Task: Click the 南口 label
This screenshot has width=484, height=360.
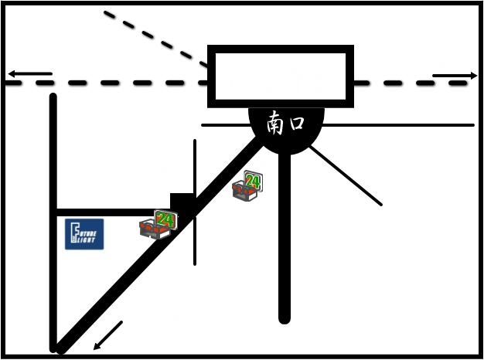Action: pos(285,124)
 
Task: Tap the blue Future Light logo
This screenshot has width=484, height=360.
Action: pos(84,234)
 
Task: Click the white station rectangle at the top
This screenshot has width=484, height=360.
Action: pos(281,76)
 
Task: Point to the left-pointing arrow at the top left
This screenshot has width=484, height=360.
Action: pos(29,75)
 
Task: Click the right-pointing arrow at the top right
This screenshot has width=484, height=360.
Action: pos(455,76)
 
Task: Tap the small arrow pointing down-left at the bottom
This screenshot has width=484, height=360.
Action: pos(107,335)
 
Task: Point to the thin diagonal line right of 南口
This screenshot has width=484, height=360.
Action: pos(348,177)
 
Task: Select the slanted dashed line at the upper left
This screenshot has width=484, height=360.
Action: pos(155,39)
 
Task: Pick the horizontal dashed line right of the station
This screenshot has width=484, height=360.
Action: pos(410,83)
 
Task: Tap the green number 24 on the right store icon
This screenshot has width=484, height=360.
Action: pos(252,181)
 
